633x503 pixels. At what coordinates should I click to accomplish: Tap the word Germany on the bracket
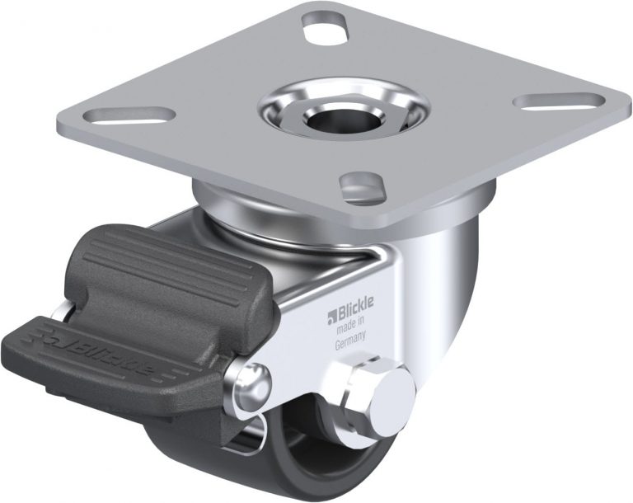click(x=350, y=346)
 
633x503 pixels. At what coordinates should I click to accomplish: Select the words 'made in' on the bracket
click(x=352, y=331)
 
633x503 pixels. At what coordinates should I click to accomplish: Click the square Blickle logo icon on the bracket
click(x=334, y=313)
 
